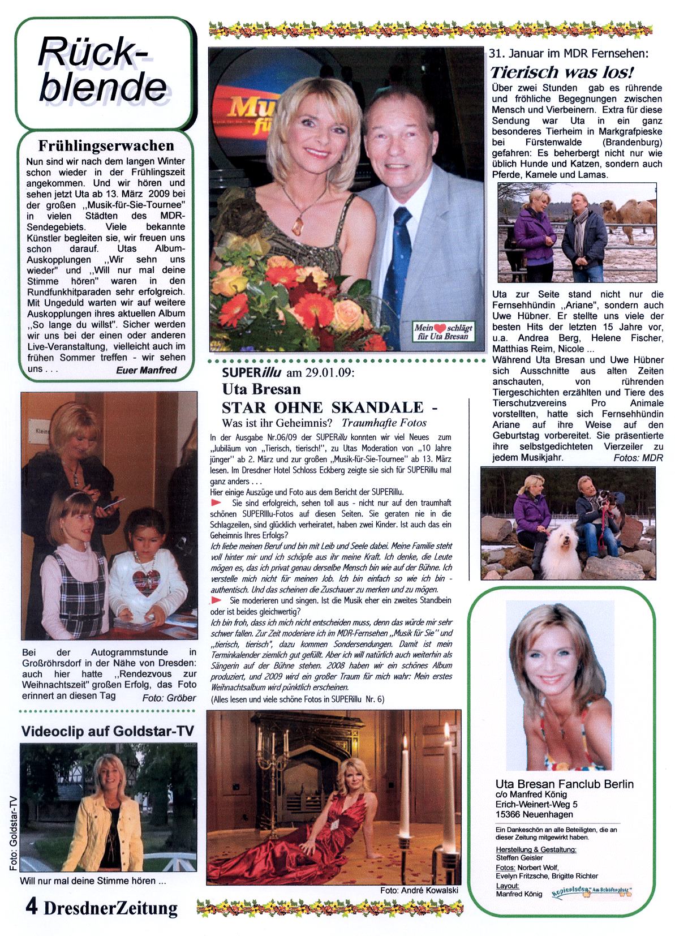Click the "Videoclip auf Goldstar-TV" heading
pyautogui.click(x=92, y=731)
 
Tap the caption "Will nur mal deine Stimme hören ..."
pyautogui.click(x=92, y=881)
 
